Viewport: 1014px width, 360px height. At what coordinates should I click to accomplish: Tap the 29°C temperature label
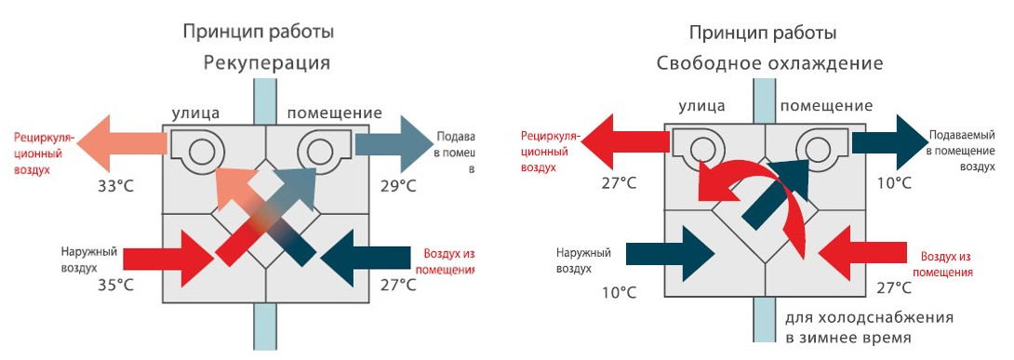click(x=398, y=186)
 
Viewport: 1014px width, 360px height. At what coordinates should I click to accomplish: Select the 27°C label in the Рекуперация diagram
click(x=398, y=285)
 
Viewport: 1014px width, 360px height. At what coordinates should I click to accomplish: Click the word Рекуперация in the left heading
click(x=266, y=63)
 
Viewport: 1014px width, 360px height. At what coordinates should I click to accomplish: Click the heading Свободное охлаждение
click(x=768, y=64)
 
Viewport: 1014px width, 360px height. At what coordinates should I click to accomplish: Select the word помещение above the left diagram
click(x=334, y=113)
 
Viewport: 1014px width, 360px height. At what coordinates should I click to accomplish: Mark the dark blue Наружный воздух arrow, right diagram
click(x=668, y=255)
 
